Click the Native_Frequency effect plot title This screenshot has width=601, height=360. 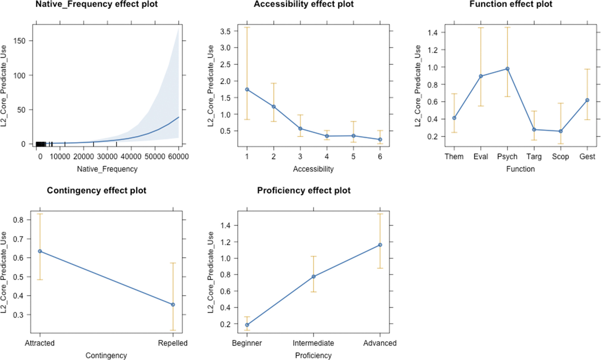[x=97, y=4]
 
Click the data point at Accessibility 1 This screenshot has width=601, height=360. [x=247, y=90]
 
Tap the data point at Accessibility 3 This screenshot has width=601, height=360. [x=300, y=129]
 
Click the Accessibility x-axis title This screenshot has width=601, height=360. [x=313, y=169]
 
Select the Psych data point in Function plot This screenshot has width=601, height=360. [x=507, y=69]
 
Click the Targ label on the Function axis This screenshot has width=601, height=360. [x=534, y=157]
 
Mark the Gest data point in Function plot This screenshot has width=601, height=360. [x=587, y=100]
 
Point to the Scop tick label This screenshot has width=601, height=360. [x=560, y=157]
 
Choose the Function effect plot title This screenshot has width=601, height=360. [x=511, y=4]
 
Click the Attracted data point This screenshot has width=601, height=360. [x=40, y=251]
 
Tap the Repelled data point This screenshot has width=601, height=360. [x=173, y=305]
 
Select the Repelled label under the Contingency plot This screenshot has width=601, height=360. [x=173, y=343]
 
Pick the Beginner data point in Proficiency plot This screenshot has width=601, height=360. [x=247, y=325]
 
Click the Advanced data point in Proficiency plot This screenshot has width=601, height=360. [x=380, y=245]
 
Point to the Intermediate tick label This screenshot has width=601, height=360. [x=313, y=343]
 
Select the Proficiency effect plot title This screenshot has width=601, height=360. [x=304, y=191]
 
